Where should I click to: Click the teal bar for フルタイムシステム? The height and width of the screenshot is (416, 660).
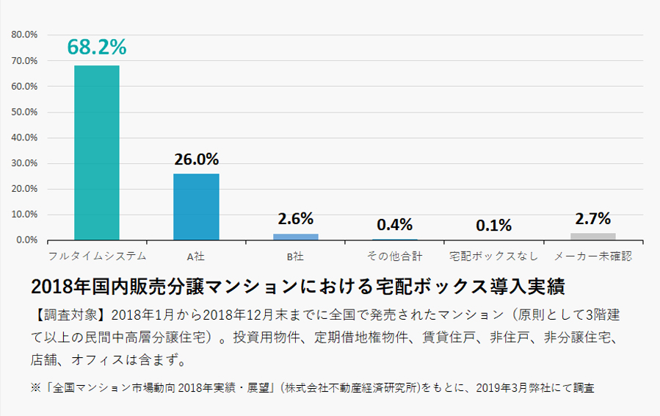point(97,152)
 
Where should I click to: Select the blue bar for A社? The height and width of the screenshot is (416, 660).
point(196,207)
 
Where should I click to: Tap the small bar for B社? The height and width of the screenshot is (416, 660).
point(296,237)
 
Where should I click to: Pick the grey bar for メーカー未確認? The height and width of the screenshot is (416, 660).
point(593,237)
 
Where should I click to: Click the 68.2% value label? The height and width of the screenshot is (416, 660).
point(97,46)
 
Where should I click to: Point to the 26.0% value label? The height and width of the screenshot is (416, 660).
point(196,159)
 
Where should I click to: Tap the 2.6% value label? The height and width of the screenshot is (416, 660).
point(296,218)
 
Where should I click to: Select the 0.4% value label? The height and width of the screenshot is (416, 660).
point(395,224)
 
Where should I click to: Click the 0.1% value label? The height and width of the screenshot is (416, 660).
point(493,226)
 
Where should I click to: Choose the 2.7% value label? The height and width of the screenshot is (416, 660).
point(593,218)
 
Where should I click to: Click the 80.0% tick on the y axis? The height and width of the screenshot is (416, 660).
point(25,35)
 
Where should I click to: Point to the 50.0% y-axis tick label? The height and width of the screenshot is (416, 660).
point(25,112)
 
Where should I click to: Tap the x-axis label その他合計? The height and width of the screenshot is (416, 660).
point(395,257)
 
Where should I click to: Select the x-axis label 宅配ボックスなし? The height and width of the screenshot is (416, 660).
point(493,257)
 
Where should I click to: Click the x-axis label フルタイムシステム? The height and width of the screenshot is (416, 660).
point(97,257)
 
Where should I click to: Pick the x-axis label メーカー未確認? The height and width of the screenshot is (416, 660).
point(593,257)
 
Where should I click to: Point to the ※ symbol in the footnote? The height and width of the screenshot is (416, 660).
point(35,387)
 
